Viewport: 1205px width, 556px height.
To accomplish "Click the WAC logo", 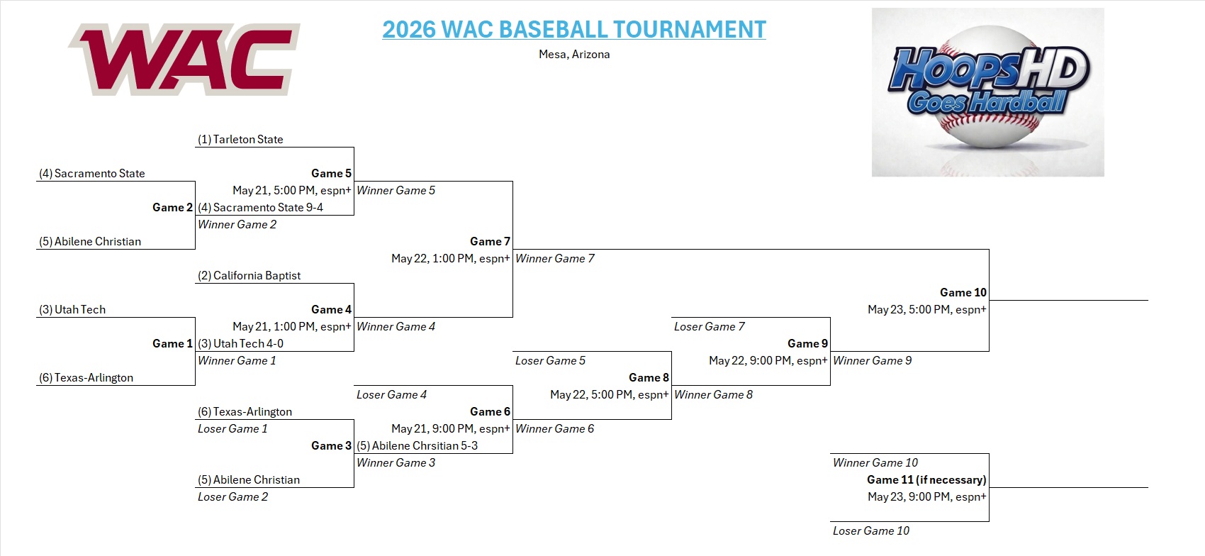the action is tap(184, 59).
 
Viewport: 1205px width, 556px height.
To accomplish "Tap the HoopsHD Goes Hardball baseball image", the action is tap(987, 92).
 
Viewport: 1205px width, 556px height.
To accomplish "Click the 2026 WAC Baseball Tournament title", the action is tap(574, 29).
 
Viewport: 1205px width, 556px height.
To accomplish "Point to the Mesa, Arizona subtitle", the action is tap(574, 55).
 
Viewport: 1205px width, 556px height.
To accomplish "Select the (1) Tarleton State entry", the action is tap(240, 140).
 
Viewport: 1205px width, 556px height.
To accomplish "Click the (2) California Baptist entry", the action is tap(249, 276).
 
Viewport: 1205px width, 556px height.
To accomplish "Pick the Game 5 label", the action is tap(332, 173).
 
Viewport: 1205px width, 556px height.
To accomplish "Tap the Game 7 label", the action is tap(490, 241).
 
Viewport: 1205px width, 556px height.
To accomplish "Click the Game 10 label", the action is tap(963, 292).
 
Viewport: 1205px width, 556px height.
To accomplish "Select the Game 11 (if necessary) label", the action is tap(926, 479).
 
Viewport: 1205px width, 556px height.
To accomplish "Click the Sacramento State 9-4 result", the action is tap(260, 207).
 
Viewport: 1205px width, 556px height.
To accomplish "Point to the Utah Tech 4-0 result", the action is tap(240, 343).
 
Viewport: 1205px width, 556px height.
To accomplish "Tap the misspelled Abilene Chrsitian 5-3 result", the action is tap(417, 445).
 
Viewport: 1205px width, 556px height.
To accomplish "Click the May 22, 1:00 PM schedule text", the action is tap(450, 258).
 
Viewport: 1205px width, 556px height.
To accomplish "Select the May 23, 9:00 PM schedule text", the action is tap(927, 497).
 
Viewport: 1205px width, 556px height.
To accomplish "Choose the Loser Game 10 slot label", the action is tap(871, 530).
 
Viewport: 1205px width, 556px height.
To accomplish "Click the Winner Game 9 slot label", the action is tap(872, 360).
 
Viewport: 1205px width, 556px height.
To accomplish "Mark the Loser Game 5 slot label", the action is tap(550, 360).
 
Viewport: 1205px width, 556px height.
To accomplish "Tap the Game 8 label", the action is tap(649, 377).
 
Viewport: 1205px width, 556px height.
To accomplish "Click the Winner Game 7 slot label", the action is tap(554, 258).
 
